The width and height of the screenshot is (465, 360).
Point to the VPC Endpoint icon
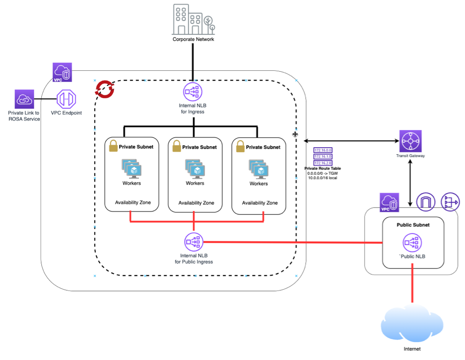click(x=66, y=99)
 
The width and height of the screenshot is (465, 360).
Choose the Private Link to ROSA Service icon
click(x=24, y=99)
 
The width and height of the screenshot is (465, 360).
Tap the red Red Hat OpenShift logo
click(x=105, y=89)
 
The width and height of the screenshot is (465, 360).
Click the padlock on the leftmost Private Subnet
click(x=113, y=147)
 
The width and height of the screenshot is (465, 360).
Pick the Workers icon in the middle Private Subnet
click(x=195, y=169)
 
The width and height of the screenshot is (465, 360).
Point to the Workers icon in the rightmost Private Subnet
click(x=258, y=169)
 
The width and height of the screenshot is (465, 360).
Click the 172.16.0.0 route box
click(x=323, y=150)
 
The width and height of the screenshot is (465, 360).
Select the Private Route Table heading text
click(x=323, y=168)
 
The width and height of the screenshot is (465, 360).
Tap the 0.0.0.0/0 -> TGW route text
click(x=323, y=173)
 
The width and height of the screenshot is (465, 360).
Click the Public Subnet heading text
click(x=413, y=225)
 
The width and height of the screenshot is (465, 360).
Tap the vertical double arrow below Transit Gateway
click(x=411, y=183)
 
